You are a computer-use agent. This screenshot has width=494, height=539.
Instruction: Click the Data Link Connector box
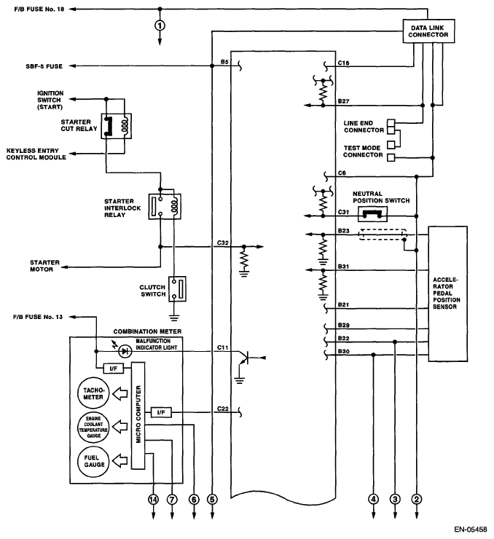pos(428,31)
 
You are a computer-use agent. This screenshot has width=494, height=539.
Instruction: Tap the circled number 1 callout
pos(160,25)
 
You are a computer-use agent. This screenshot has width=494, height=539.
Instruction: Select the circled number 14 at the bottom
pos(153,499)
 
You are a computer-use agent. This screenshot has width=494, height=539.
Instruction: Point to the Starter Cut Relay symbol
pos(116,126)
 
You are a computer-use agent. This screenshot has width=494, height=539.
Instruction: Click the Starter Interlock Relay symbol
pos(165,207)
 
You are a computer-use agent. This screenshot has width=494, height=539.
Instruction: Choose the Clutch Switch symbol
pos(177,288)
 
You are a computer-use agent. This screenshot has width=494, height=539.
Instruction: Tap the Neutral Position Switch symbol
pos(372,214)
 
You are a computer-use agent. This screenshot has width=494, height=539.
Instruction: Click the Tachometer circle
pos(93,393)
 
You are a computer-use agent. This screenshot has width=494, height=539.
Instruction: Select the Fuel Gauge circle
pos(93,461)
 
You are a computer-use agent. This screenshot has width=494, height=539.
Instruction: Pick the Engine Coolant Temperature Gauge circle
pos(93,427)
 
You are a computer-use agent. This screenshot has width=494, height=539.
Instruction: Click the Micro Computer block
pos(138,415)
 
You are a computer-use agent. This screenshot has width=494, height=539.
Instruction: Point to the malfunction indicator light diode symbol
pos(125,351)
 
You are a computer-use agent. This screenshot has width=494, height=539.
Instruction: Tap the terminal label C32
pos(223,243)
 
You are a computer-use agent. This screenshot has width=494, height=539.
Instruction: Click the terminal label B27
pos(343,101)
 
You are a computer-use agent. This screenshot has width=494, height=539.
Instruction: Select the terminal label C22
pos(223,409)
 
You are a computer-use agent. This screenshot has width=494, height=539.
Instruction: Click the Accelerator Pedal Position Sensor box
pos(447,294)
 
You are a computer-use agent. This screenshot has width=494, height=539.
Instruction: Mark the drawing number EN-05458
pos(470,530)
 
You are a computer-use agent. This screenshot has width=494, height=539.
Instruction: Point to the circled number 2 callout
pos(417,499)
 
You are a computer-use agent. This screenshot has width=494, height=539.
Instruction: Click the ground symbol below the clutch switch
pos(175,318)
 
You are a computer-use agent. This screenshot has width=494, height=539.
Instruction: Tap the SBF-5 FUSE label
pos(44,66)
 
